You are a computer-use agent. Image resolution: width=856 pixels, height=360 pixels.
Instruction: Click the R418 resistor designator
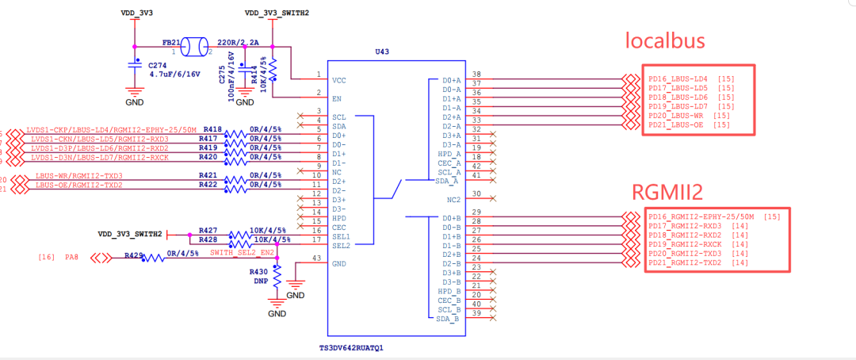(212, 128)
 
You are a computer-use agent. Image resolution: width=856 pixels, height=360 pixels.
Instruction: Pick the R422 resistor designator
(208, 185)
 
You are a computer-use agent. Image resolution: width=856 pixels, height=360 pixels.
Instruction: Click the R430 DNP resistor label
(259, 275)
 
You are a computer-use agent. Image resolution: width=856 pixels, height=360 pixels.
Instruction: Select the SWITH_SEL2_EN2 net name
(242, 252)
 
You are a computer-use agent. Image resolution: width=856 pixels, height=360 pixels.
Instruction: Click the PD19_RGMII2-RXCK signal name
(685, 243)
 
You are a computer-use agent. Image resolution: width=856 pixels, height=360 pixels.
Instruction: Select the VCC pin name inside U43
(340, 80)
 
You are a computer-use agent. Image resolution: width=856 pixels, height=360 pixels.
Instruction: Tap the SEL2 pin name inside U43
(341, 245)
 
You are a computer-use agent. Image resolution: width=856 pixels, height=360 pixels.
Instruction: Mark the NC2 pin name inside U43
(453, 199)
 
